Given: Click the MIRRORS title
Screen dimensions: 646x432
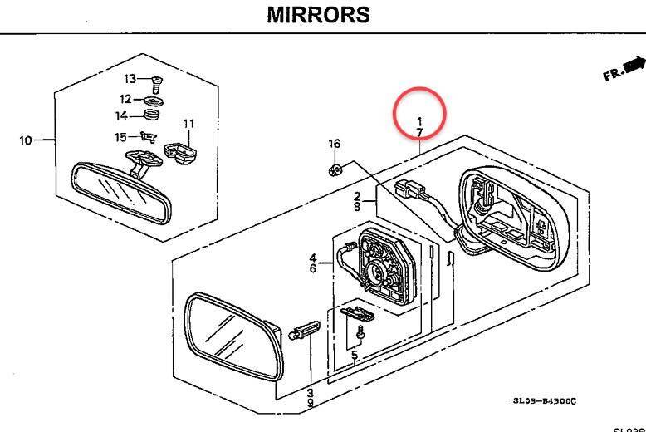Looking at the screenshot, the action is click(318, 15).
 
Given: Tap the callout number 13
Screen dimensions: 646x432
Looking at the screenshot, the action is click(130, 79).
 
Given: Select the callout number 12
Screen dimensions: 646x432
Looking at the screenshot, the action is click(125, 99).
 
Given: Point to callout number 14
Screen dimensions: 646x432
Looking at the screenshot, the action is click(121, 115).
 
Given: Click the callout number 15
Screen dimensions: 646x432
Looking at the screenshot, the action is click(121, 137).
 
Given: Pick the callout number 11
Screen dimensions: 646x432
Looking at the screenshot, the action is click(188, 124).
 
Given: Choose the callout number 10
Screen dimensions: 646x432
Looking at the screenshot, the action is click(26, 140).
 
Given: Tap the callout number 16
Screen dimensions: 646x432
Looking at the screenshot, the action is click(334, 144).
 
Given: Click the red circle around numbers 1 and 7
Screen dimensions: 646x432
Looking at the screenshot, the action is click(420, 115).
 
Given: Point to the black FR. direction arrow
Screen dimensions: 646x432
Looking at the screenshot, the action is click(634, 64).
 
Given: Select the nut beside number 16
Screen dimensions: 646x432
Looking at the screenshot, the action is click(335, 170).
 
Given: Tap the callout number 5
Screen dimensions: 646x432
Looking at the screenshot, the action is click(355, 357).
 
